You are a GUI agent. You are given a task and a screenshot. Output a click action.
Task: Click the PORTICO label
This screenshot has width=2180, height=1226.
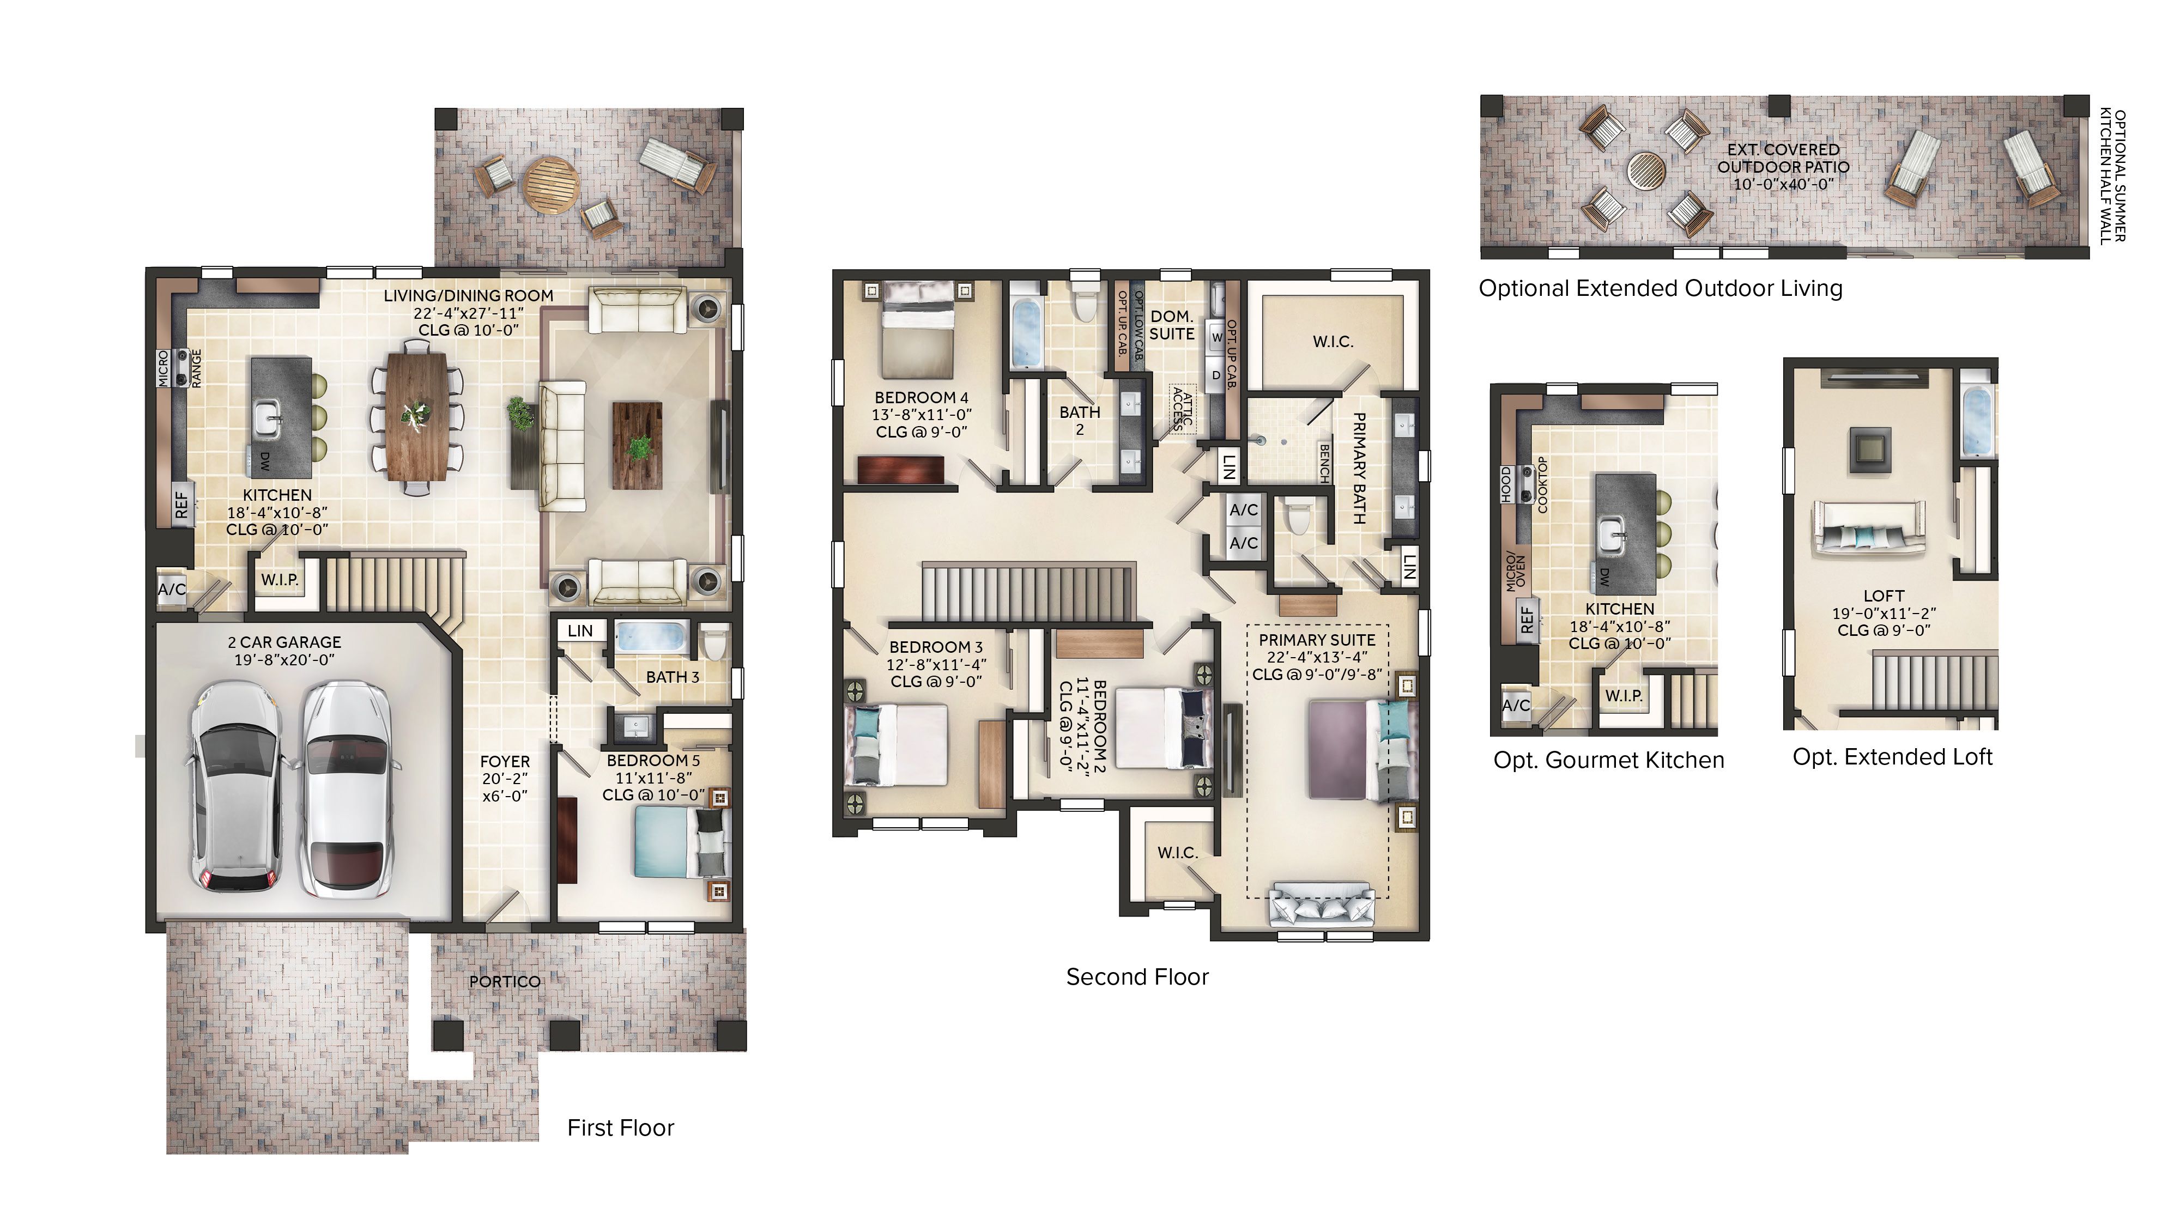[504, 981]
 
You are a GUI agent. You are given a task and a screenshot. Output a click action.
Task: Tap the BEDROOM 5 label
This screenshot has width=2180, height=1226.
[653, 761]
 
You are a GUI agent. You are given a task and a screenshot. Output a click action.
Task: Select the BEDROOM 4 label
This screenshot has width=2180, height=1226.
[921, 398]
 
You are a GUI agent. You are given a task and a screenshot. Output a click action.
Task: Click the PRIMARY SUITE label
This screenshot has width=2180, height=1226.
[1317, 640]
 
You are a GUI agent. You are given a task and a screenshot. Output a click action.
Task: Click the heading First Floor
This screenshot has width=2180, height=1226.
[620, 1128]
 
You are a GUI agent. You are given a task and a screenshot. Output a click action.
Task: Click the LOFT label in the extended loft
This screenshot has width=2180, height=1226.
[1884, 596]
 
